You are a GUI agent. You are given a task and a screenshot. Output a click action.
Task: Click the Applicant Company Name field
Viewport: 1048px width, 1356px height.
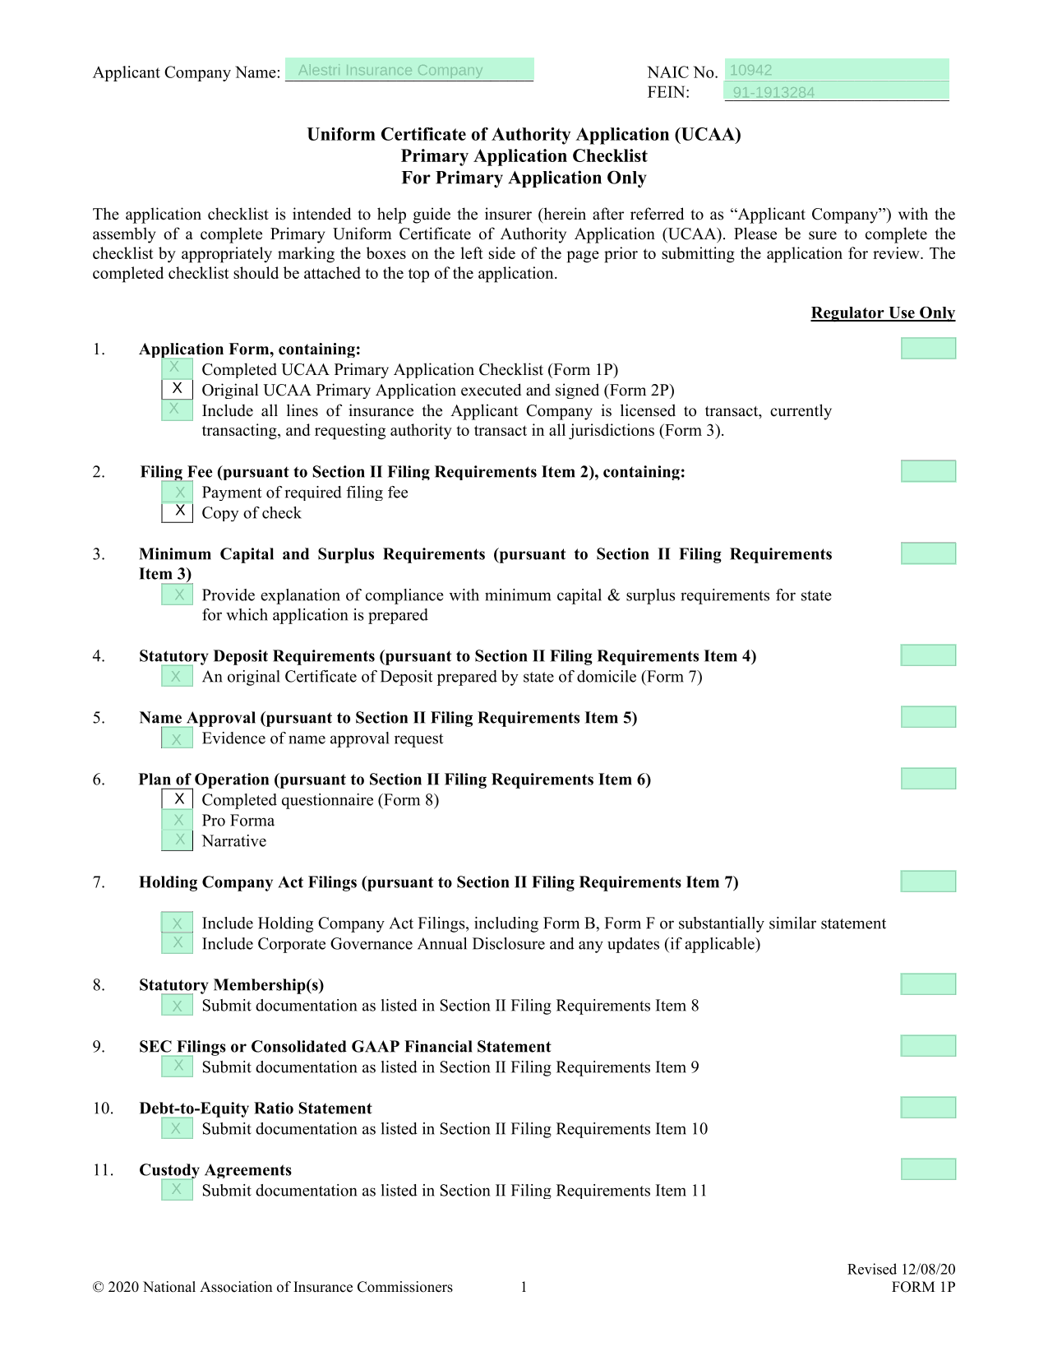click(409, 70)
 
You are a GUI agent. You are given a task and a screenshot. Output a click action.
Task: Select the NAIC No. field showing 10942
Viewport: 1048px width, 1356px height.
click(836, 70)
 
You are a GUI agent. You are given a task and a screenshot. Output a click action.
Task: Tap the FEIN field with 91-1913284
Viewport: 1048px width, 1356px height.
click(836, 92)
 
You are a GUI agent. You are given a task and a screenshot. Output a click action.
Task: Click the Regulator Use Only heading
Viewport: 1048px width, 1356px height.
click(883, 312)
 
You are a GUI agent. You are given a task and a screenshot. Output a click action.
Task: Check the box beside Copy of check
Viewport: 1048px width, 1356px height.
click(178, 512)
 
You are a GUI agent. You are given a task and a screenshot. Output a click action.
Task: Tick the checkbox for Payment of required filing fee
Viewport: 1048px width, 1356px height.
click(178, 492)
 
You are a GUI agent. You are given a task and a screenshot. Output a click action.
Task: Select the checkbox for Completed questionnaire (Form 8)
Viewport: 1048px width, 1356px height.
click(178, 799)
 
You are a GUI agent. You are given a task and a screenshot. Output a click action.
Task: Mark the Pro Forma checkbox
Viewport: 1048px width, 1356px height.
click(178, 820)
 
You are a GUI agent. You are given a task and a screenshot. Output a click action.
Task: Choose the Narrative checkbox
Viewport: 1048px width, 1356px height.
click(178, 840)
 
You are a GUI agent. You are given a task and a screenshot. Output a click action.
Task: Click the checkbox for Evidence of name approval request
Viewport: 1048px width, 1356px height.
click(178, 738)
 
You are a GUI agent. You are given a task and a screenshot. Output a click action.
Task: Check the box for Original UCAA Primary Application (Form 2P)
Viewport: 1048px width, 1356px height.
click(178, 389)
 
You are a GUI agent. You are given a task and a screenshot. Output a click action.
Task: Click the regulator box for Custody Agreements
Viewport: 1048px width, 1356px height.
click(928, 1169)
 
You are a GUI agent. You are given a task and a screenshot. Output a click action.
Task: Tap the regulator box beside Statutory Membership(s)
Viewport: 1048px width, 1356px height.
click(928, 984)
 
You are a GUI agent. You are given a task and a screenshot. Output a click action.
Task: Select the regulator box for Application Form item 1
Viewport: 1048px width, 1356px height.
click(928, 349)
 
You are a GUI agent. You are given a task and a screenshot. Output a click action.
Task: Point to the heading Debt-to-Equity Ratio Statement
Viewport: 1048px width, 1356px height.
click(256, 1108)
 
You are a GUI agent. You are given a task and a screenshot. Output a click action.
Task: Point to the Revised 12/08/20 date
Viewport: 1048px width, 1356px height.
click(901, 1270)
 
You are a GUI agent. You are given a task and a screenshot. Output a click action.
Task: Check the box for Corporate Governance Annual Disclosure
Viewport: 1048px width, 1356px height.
click(178, 943)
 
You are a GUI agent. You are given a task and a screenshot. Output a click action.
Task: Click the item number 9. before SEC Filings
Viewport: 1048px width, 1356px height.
click(99, 1047)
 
